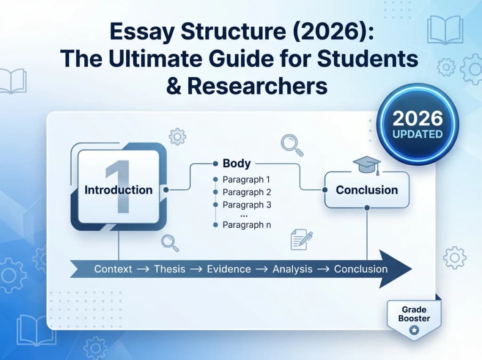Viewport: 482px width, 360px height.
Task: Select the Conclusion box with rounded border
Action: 367,190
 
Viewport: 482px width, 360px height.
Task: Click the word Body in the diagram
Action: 236,164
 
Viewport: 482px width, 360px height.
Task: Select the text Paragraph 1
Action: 247,180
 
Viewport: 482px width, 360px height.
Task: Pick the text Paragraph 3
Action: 247,205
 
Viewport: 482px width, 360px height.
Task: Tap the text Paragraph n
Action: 247,225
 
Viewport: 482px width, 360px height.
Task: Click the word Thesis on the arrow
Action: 170,269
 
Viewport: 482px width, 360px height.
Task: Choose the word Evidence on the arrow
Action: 229,269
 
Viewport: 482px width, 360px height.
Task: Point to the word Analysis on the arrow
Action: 292,269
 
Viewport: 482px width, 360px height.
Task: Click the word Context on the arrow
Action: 113,269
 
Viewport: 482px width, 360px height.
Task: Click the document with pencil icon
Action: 301,239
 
